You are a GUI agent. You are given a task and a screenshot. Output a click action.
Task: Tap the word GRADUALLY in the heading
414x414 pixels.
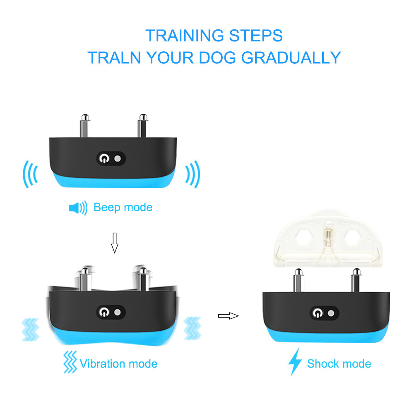[291, 58]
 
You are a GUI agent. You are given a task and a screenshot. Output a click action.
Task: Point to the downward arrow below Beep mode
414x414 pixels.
[115, 243]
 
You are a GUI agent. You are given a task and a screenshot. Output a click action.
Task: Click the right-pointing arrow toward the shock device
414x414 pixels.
[229, 316]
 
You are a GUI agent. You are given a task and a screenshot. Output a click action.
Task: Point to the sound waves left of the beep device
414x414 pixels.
[30, 174]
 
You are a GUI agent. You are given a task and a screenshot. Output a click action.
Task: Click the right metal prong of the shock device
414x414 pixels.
[356, 280]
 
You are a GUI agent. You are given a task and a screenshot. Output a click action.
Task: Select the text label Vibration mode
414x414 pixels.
[118, 364]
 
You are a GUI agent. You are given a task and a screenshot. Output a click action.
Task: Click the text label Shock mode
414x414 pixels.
[339, 364]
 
